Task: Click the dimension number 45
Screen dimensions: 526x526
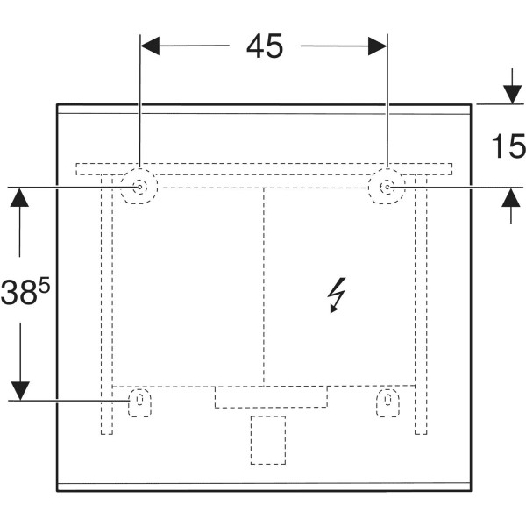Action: pos(265,46)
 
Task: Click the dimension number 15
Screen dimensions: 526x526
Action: pos(508,146)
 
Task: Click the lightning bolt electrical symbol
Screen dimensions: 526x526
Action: pos(337,295)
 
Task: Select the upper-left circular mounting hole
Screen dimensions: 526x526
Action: pos(139,187)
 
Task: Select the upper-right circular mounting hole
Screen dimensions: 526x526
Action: pos(387,187)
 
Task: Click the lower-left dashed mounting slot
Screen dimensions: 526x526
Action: pos(140,402)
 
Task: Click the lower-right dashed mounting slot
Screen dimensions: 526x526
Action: pos(387,402)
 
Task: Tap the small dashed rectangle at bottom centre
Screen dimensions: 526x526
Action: pos(268,440)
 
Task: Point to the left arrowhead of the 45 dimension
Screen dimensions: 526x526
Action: pos(150,46)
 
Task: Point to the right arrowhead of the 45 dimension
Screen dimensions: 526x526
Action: pos(378,46)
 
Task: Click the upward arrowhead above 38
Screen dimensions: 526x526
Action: pos(19,197)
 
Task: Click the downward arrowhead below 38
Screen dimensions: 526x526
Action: pos(20,391)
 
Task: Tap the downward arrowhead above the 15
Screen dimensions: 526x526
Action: pos(512,95)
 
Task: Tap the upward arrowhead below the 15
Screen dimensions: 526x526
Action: pos(511,197)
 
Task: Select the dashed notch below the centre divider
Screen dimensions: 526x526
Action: pos(271,397)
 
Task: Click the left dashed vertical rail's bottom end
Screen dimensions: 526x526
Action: pos(107,434)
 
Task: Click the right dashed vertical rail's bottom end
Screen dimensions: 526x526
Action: pos(421,434)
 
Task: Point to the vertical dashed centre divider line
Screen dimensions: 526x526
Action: pos(264,286)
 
